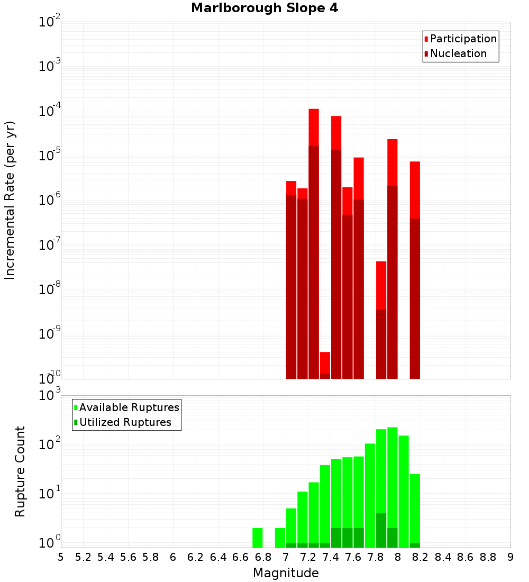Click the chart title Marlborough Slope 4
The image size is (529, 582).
(264, 8)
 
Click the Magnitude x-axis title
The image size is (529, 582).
(286, 573)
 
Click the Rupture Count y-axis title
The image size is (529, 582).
(20, 471)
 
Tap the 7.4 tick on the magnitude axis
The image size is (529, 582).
(331, 557)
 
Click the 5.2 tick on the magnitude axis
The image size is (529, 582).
(83, 557)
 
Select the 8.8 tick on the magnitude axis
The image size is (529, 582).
(488, 557)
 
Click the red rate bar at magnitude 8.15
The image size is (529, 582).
(415, 265)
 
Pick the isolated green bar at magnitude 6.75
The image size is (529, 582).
(258, 538)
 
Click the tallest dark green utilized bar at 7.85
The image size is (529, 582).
(381, 530)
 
